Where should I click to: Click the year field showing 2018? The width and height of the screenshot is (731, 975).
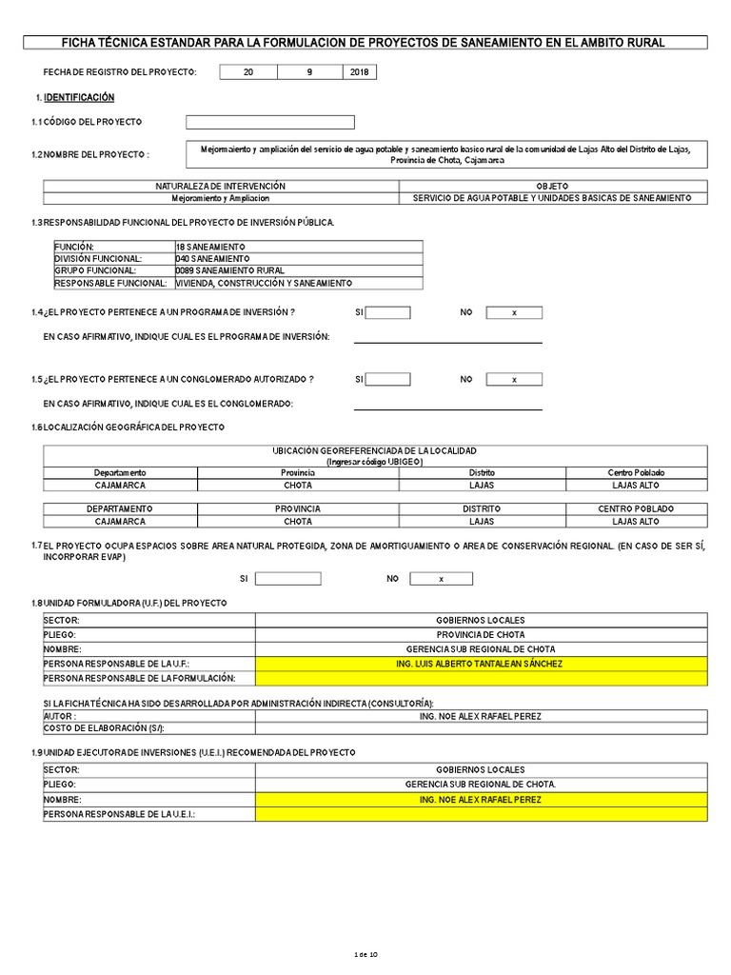coord(359,72)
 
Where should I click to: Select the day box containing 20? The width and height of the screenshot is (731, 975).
coord(248,72)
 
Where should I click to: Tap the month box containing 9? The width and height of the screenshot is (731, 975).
coord(308,72)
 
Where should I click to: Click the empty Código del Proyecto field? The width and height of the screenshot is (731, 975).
coord(269,122)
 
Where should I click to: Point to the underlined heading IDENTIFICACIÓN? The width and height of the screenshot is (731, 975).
coord(79,97)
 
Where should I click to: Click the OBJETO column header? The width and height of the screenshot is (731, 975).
coord(552,186)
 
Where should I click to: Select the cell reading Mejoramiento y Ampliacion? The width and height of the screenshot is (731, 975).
coord(221,198)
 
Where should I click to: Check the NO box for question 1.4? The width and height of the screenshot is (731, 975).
coord(514,312)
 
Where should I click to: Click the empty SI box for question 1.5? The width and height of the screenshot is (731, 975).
coord(388,379)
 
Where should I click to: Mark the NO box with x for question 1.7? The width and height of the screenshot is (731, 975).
coord(441,579)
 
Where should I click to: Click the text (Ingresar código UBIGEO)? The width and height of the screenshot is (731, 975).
coord(375,461)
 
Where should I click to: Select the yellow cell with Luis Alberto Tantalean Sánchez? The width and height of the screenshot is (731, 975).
coord(481,664)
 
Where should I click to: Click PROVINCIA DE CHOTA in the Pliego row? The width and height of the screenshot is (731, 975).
coord(481,635)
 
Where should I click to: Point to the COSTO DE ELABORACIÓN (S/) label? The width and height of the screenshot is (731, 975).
coord(104,728)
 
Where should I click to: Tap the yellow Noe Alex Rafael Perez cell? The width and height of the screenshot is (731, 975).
coord(481,801)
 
